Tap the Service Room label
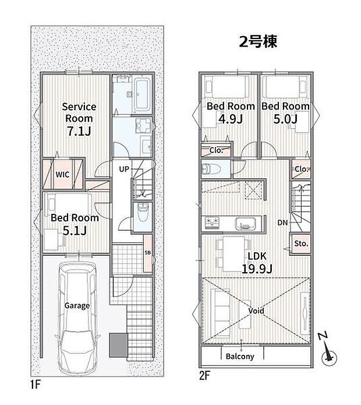79,112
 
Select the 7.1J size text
78,132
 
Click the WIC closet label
63,174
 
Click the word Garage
77,305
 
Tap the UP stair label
123,169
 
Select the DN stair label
282,223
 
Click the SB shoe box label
147,252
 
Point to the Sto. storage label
301,243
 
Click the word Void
256,311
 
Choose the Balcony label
239,357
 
